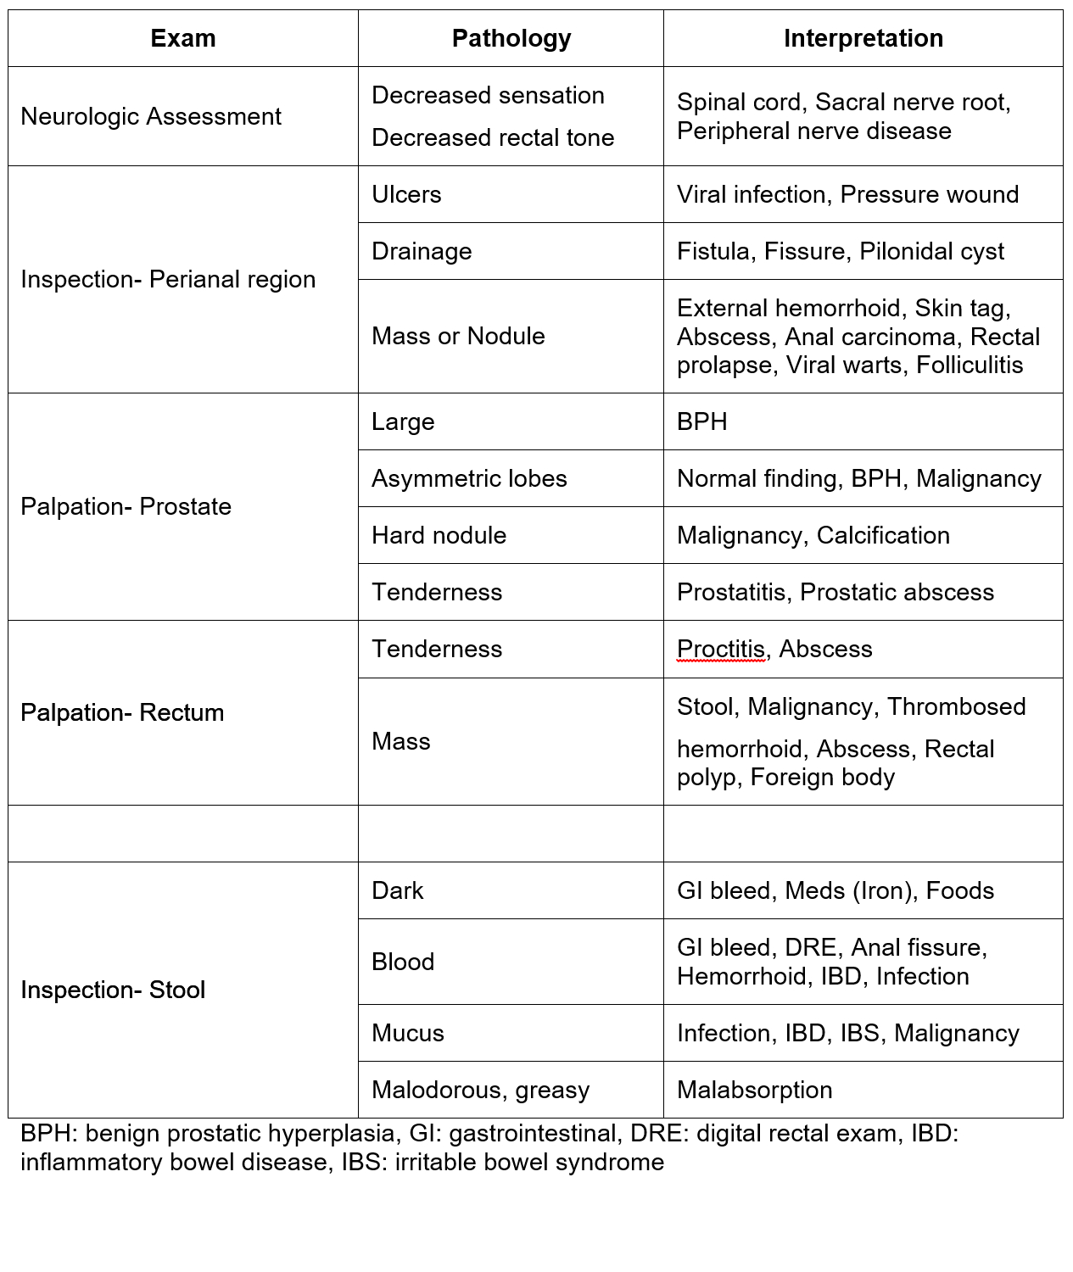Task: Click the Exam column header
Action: coord(183,38)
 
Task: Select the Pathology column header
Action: coord(511,38)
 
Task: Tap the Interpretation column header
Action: coord(863,38)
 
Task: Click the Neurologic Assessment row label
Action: coord(151,116)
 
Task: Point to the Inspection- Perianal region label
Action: coord(168,279)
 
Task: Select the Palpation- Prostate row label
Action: coord(126,506)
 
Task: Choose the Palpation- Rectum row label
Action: coord(122,712)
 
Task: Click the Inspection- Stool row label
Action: coord(113,990)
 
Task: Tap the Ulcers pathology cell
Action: coord(406,194)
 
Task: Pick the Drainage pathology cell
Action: coord(422,251)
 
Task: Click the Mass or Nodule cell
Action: coord(458,336)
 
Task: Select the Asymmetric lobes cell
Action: coord(469,478)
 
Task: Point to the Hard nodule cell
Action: coord(439,535)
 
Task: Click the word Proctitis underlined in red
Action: coord(720,649)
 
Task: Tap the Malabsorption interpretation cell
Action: coord(754,1090)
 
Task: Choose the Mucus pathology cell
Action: coord(408,1033)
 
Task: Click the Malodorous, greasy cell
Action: coord(480,1090)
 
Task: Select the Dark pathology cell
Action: coord(397,890)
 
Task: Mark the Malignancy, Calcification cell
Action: coord(813,535)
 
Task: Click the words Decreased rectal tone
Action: coord(493,137)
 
